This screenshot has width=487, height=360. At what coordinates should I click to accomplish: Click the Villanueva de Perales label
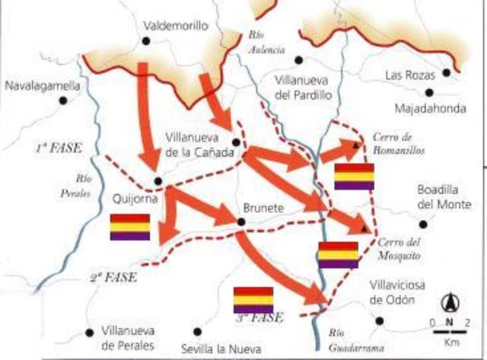coord(123,338)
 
